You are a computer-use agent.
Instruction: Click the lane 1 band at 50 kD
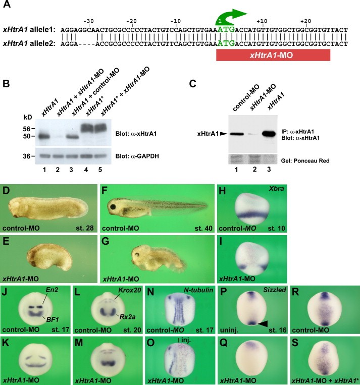point(50,136)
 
